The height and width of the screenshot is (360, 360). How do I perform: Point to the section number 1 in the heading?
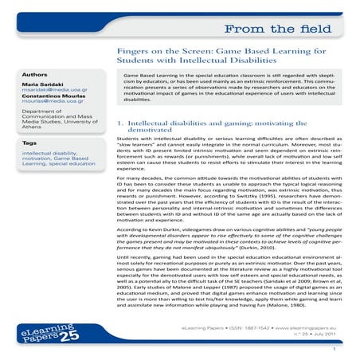(x=119, y=123)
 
